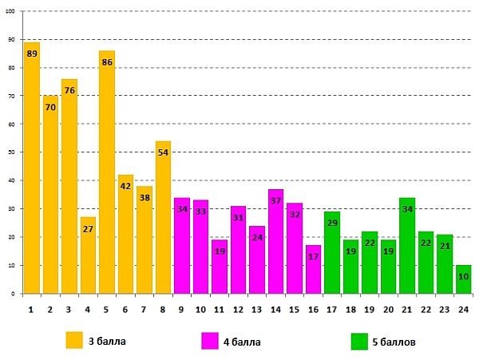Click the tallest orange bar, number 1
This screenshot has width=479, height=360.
tap(32, 168)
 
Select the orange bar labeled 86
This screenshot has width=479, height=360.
tap(107, 172)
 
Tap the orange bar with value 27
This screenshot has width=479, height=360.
tap(88, 255)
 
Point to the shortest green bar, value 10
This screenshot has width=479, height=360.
tap(463, 279)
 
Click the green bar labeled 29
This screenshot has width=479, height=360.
tap(332, 252)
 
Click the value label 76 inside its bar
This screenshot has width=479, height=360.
tap(69, 90)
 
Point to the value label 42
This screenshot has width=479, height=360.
tap(125, 186)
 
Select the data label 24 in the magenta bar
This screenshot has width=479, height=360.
tap(257, 237)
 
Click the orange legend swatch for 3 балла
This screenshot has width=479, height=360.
tap(74, 341)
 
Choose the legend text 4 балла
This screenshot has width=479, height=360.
tap(242, 342)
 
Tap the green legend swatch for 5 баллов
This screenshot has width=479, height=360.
tap(359, 341)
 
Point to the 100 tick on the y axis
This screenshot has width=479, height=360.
tap(11, 11)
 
